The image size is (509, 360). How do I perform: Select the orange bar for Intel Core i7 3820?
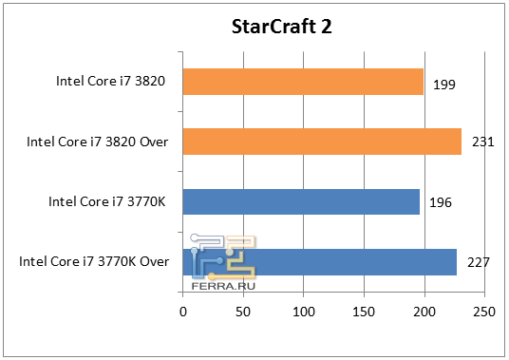pos(303,83)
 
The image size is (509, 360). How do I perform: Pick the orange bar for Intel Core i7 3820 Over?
pos(322,142)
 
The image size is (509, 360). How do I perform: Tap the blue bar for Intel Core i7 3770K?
pos(301,201)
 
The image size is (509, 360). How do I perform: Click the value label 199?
pos(444,85)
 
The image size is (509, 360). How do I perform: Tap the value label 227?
pos(478,261)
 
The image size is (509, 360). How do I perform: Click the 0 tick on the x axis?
pos(183,311)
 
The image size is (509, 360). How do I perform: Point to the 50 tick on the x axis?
pos(243,311)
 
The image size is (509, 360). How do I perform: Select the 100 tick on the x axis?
pos(304,311)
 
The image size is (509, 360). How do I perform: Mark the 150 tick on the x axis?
pos(364,311)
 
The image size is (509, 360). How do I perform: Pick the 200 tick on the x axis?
pos(424,311)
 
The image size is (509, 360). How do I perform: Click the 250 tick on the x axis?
pos(484,311)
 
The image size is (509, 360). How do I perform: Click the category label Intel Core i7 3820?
pos(111,83)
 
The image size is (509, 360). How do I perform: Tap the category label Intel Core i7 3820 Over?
pos(98,142)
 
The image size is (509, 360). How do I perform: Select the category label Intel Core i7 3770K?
pos(107,201)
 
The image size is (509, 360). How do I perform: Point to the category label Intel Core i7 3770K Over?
pos(94,261)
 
